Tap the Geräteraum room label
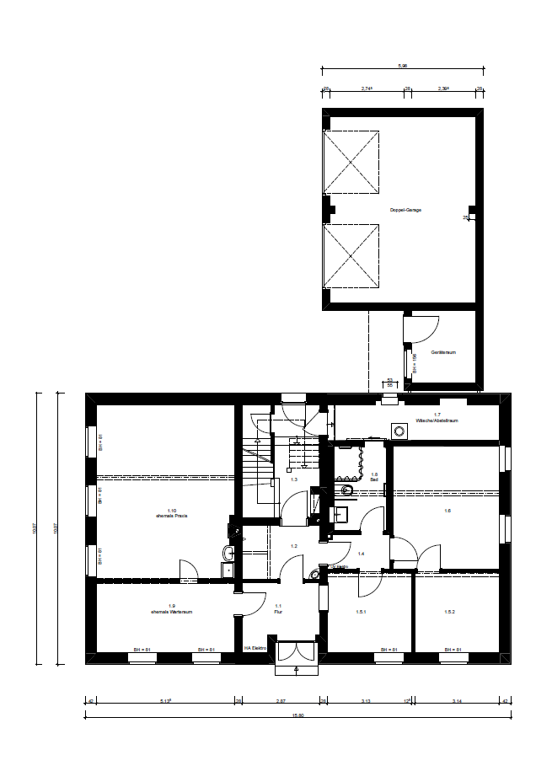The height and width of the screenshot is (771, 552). pos(443,352)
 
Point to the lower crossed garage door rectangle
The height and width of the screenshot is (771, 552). pos(352,255)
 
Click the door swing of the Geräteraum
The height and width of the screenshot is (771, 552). pos(421,329)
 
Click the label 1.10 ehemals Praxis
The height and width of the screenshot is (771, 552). pos(171,512)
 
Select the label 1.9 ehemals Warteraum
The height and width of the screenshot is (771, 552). pos(171,609)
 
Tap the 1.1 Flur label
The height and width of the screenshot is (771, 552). pos(278,610)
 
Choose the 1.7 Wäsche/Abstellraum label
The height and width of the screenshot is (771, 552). pos(437,418)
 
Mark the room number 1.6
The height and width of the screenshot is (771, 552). pos(447,511)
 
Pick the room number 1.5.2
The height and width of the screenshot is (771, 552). pos(448,613)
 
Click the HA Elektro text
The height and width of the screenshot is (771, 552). pos(255,648)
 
